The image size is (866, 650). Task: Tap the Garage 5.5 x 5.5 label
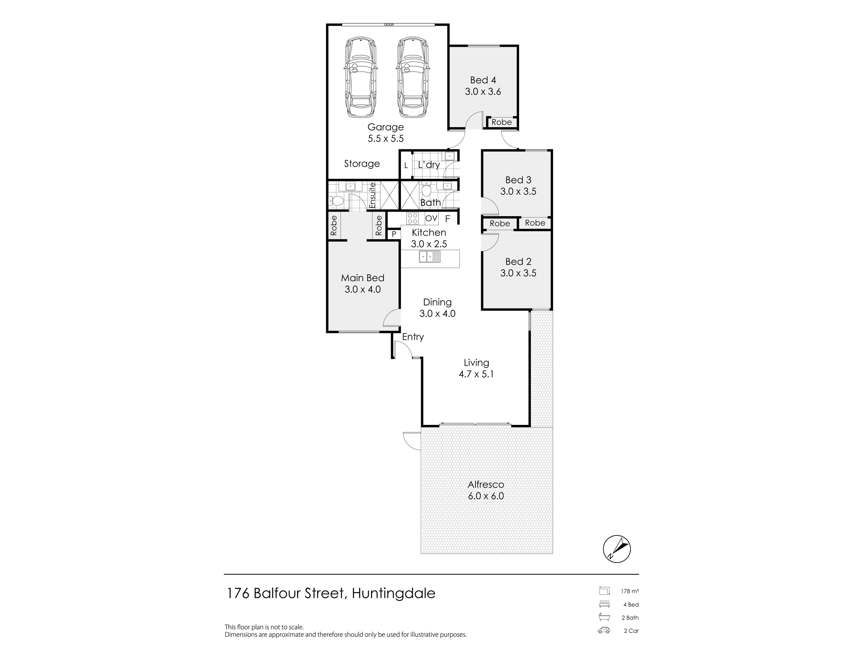coord(386,133)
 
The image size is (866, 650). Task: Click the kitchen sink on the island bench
coord(430,257)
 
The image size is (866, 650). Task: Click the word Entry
coord(413,337)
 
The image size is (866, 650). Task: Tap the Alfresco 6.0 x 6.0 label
coord(486,490)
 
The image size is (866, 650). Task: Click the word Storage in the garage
coord(362,164)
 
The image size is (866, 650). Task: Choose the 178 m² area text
coord(629,591)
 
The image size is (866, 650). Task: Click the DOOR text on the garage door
coord(389,25)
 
